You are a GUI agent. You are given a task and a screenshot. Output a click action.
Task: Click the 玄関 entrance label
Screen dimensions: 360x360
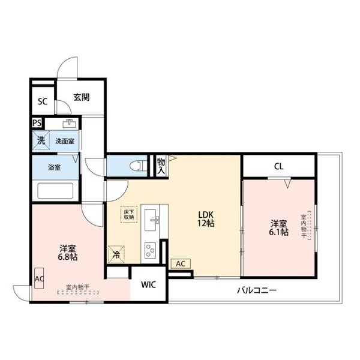82,97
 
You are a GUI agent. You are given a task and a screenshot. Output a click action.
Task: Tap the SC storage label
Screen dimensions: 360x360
42,101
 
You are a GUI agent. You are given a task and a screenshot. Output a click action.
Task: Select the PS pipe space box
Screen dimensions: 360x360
37,123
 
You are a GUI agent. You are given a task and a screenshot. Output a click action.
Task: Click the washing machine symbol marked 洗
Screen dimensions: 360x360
40,141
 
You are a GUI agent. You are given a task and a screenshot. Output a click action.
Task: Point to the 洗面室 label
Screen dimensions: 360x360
65,142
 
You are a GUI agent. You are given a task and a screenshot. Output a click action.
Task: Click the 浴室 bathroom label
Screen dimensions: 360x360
54,168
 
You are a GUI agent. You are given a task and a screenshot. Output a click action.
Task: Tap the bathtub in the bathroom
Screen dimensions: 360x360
55,192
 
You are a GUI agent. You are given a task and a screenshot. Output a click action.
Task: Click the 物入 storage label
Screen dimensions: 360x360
161,166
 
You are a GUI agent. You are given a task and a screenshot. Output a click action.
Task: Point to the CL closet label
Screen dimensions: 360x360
278,166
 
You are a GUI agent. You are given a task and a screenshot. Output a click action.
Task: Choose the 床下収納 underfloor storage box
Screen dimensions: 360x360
129,214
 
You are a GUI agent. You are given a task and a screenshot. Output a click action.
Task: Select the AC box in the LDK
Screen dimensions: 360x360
179,263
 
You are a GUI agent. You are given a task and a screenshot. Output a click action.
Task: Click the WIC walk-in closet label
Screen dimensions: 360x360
149,285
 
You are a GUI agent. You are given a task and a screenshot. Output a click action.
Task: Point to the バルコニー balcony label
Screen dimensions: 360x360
256,290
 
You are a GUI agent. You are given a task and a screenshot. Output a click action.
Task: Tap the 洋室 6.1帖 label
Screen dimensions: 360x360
278,228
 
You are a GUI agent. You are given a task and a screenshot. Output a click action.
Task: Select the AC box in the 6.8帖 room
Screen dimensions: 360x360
39,278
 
